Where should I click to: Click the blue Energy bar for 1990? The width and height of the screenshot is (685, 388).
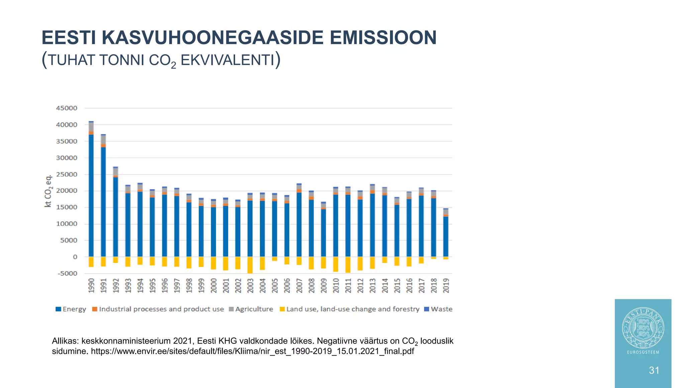[x=91, y=196]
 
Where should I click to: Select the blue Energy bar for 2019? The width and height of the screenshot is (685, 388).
[x=446, y=236]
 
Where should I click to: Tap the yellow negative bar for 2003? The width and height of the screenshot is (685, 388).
[x=250, y=265]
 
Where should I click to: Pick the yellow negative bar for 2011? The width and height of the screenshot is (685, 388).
[x=348, y=265]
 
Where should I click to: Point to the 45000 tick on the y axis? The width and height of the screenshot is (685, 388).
[x=67, y=108]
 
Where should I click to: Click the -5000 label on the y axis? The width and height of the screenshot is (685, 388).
[x=68, y=273]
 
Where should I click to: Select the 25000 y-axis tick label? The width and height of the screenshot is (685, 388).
[x=67, y=174]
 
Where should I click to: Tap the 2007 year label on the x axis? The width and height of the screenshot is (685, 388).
[x=299, y=285]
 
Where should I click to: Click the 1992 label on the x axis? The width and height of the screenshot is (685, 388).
[x=116, y=285]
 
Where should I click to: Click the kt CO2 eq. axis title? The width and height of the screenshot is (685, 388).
[x=48, y=191]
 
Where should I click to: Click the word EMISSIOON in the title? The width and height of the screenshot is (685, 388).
[x=383, y=37]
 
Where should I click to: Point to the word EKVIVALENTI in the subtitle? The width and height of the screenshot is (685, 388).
[x=227, y=60]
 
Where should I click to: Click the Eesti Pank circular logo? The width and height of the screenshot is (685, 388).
[x=643, y=328]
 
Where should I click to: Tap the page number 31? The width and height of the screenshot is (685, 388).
[x=654, y=370]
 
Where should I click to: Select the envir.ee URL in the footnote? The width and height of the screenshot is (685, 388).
[x=252, y=351]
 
